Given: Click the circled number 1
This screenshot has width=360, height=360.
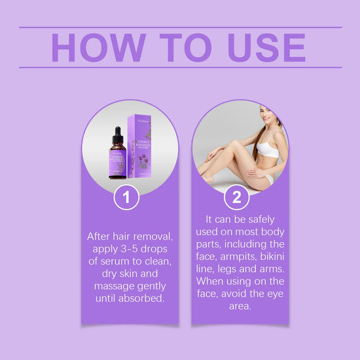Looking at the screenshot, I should point(126,197).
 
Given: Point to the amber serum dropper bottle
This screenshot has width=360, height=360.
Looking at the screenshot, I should point(118,157).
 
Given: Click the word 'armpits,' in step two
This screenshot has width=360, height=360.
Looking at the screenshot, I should point(243,257).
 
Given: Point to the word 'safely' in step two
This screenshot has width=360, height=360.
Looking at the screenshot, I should point(264,219).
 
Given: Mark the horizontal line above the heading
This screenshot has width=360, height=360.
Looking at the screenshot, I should point(180,27).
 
